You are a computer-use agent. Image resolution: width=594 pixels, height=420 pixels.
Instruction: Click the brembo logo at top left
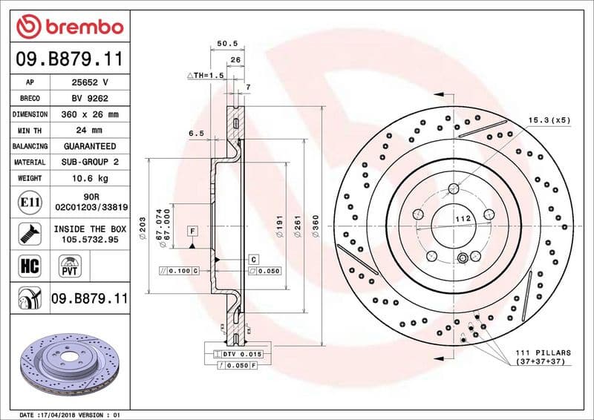[69, 27]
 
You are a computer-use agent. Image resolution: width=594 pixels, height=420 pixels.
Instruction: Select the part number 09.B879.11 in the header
[69, 59]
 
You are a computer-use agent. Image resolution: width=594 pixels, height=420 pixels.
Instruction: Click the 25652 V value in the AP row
[90, 82]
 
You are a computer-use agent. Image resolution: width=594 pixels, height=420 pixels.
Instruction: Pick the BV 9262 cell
[90, 98]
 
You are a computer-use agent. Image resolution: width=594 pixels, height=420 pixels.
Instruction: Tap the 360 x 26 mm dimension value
[90, 114]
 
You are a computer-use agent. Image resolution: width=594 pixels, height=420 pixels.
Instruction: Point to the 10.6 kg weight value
[90, 178]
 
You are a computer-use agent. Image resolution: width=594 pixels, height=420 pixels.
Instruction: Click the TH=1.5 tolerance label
[206, 76]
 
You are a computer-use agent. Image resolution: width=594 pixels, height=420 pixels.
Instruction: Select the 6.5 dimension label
[196, 134]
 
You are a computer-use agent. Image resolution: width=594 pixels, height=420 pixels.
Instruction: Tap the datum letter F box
[191, 232]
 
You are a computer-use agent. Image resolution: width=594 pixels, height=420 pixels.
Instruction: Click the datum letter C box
[253, 259]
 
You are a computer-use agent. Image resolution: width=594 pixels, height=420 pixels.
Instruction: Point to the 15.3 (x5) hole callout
[549, 119]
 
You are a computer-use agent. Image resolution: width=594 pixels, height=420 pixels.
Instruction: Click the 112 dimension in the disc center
[463, 219]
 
